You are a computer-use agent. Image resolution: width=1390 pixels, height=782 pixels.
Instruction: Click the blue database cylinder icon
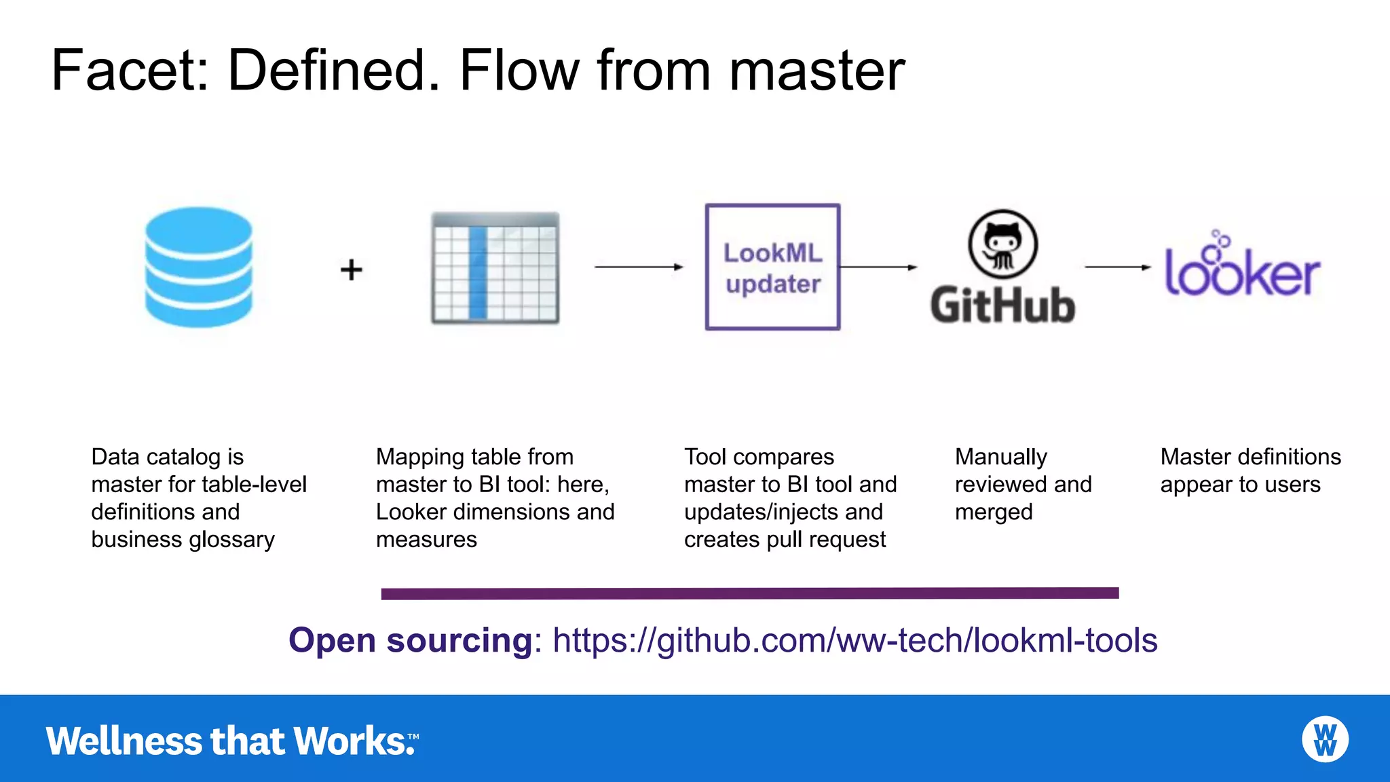coord(198,267)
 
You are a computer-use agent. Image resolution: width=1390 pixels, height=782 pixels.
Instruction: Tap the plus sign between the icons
coord(351,269)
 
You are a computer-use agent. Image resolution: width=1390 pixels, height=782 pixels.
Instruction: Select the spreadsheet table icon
coord(495,267)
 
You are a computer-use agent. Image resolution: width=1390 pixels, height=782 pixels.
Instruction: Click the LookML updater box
coord(772,267)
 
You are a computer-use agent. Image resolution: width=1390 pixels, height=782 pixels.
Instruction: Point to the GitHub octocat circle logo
coord(1002,244)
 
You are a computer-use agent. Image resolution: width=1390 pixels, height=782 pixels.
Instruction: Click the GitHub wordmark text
coord(1002,305)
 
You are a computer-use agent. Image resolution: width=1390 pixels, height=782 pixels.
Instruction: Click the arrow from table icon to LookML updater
coord(638,267)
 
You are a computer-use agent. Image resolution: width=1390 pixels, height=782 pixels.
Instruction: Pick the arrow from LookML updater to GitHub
coord(878,267)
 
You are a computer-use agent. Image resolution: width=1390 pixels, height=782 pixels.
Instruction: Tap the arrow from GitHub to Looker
coord(1117,267)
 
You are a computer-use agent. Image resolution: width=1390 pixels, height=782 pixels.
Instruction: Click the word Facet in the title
coord(129,71)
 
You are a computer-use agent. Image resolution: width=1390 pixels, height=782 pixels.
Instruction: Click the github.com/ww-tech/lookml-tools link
coord(855,640)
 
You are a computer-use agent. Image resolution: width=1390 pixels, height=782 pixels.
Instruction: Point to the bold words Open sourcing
coord(411,640)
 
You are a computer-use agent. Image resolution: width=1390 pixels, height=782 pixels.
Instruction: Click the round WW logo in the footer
coord(1325,739)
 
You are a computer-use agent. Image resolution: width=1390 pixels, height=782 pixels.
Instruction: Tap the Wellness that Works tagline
coord(231,741)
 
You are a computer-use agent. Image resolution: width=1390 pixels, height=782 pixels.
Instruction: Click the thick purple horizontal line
coord(749,593)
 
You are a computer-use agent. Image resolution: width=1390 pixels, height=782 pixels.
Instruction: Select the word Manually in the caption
coord(1001,457)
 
